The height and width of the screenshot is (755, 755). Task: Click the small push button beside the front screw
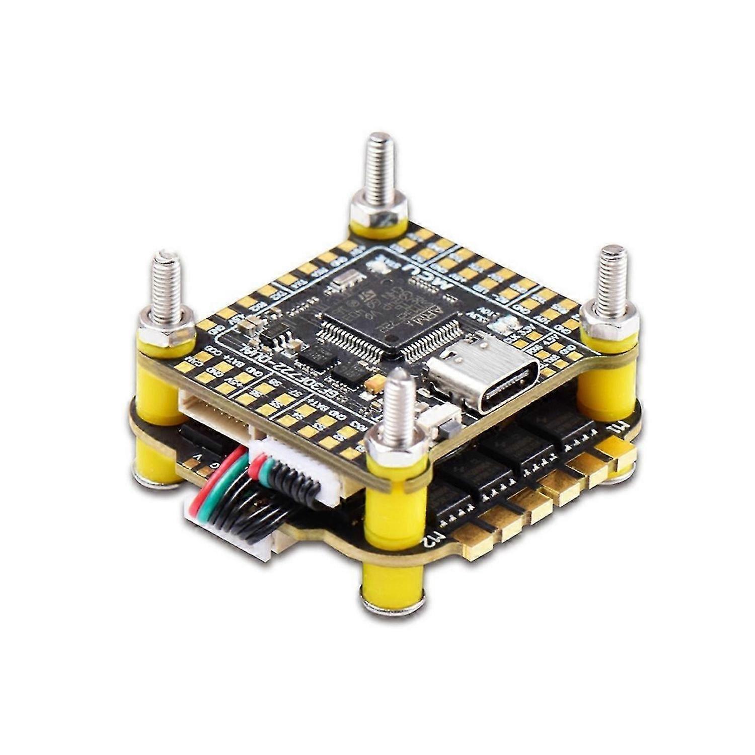pyautogui.click(x=444, y=420)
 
